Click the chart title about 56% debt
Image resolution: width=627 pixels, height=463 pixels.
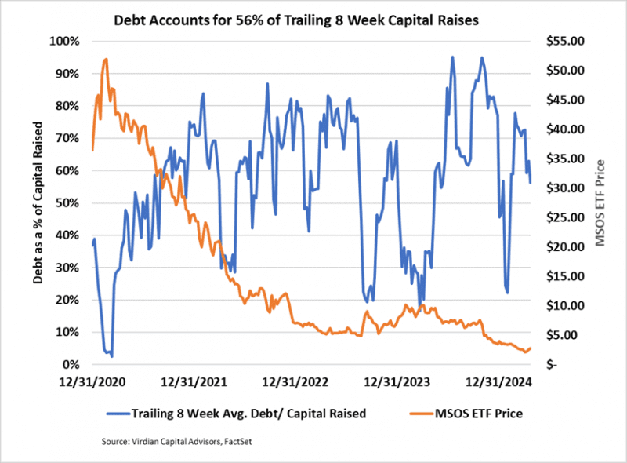[x=313, y=17]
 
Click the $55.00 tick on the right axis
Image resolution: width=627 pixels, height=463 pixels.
[x=564, y=41]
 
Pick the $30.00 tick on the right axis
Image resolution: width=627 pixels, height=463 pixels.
[x=564, y=188]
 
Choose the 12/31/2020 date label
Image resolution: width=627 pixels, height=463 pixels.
[x=93, y=383]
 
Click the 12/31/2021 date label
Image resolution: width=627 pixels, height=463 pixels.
[x=194, y=383]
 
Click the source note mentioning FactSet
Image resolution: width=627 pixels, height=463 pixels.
[x=182, y=443]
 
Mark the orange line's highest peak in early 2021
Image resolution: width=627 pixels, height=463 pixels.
[x=105, y=59]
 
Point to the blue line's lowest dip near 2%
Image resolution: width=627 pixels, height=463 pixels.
[x=111, y=357]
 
